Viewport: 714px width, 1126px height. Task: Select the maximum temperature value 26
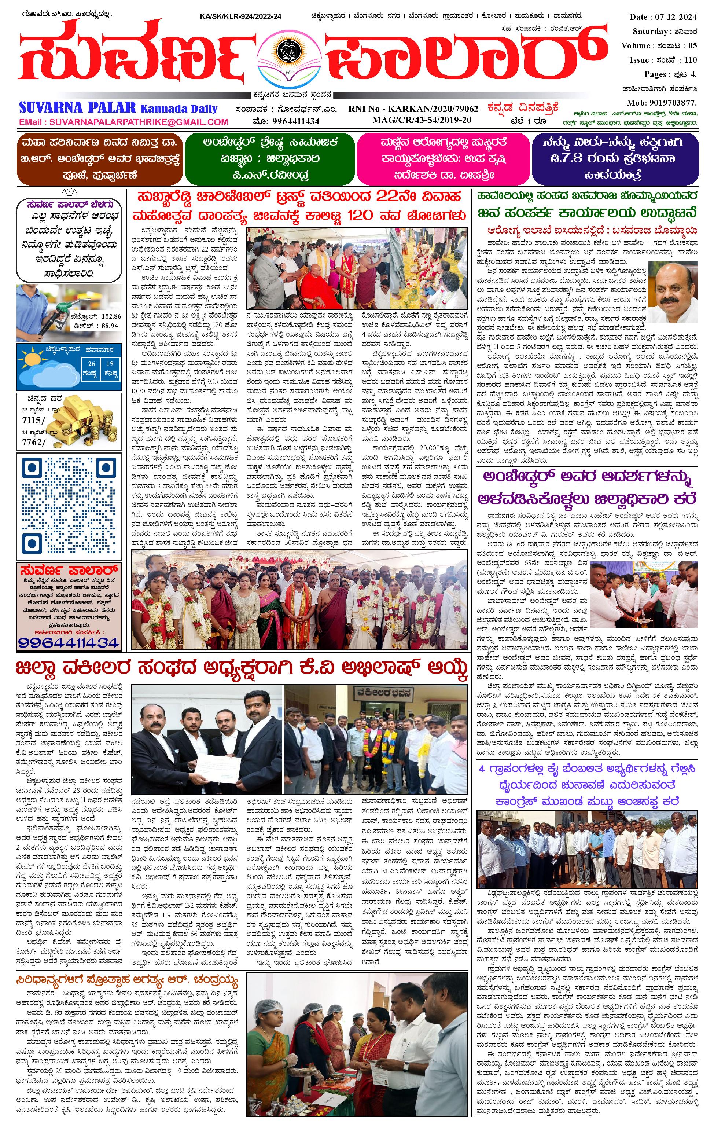click(92, 363)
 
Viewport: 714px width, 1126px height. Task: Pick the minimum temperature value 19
click(110, 363)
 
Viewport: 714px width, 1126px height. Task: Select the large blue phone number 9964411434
click(69, 643)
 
